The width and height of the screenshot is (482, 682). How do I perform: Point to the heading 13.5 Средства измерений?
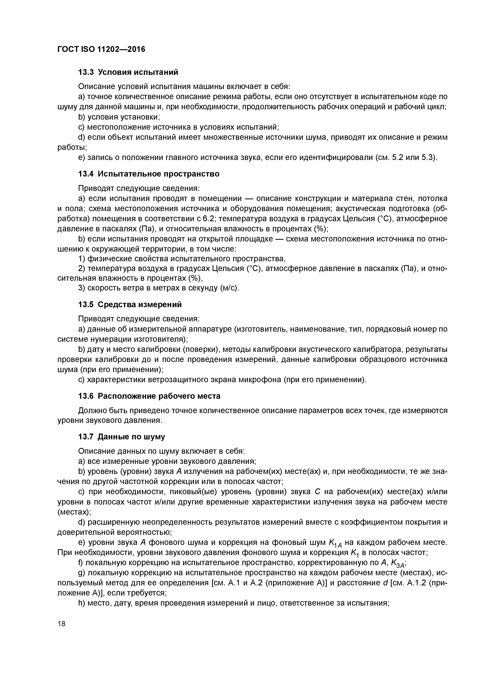130,304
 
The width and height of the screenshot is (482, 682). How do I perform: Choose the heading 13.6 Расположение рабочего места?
149,396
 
